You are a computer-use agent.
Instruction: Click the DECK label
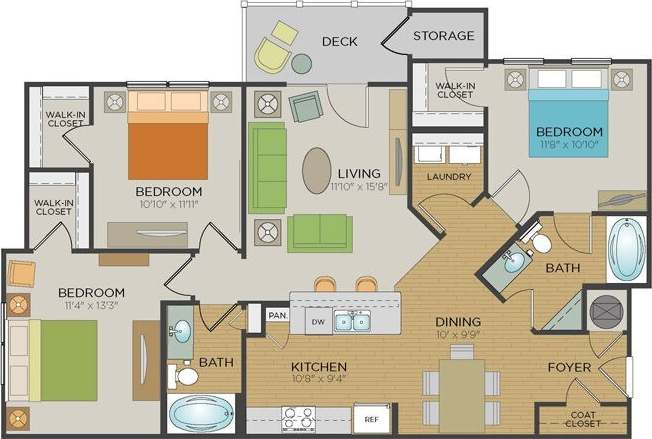pyautogui.click(x=340, y=41)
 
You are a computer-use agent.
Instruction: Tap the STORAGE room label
pyautogui.click(x=443, y=36)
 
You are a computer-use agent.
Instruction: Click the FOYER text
pyautogui.click(x=568, y=367)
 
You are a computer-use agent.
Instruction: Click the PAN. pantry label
pyautogui.click(x=278, y=317)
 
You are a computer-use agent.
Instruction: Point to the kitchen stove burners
pyautogui.click(x=297, y=418)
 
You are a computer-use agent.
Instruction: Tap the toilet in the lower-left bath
pyautogui.click(x=185, y=376)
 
